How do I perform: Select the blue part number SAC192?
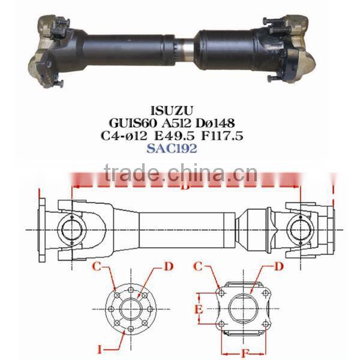click(x=180, y=149)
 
